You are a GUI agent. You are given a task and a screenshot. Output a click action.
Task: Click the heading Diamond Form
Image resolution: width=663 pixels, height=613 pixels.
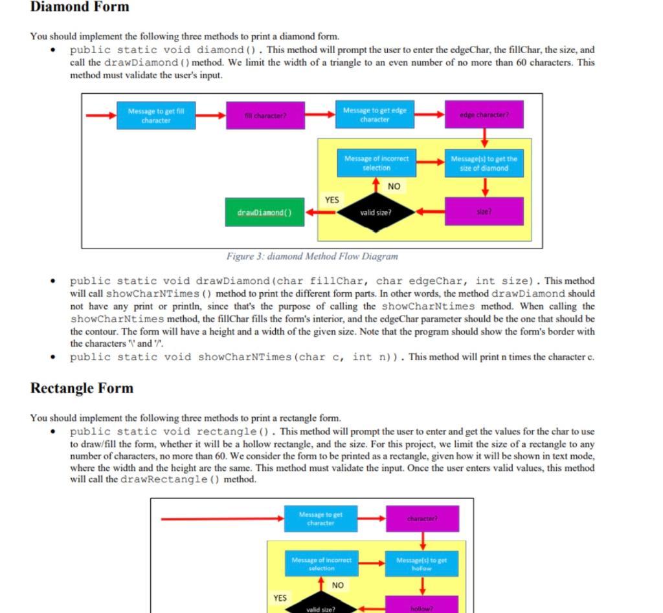pyautogui.click(x=80, y=7)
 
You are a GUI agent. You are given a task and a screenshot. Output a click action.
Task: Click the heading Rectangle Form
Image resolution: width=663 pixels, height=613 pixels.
pyautogui.click(x=82, y=388)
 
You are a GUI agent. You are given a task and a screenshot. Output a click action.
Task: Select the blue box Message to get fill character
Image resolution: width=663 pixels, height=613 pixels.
pyautogui.click(x=156, y=116)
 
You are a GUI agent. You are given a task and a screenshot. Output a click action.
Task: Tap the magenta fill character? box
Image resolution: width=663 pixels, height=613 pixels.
pyautogui.click(x=265, y=116)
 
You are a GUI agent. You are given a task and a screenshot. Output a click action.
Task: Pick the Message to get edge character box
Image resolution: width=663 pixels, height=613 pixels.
pyautogui.click(x=375, y=115)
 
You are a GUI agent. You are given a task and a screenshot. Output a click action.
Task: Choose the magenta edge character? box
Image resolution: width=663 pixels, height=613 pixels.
pyautogui.click(x=484, y=114)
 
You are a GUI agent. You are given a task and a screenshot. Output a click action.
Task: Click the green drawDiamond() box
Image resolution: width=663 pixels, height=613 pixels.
pyautogui.click(x=265, y=212)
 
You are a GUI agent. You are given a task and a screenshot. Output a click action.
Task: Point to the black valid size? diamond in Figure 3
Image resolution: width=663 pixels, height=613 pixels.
pyautogui.click(x=376, y=211)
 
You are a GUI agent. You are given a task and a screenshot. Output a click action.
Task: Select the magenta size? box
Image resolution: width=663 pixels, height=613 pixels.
pyautogui.click(x=484, y=211)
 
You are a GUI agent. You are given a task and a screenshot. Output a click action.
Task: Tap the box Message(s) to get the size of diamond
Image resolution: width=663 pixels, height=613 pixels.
pyautogui.click(x=484, y=163)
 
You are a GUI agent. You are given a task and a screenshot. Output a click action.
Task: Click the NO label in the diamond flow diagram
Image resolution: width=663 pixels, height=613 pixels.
pyautogui.click(x=394, y=186)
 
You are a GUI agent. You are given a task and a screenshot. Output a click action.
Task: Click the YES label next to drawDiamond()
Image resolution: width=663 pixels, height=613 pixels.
pyautogui.click(x=331, y=200)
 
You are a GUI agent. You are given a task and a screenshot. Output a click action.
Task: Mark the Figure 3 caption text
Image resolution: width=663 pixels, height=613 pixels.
pyautogui.click(x=312, y=256)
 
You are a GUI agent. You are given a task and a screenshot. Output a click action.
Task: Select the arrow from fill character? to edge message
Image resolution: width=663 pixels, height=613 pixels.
pyautogui.click(x=319, y=115)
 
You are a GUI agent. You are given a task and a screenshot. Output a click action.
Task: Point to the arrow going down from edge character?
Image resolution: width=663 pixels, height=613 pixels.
pyautogui.click(x=484, y=138)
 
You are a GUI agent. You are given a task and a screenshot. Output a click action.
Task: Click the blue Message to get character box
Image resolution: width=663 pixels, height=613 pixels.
pyautogui.click(x=320, y=519)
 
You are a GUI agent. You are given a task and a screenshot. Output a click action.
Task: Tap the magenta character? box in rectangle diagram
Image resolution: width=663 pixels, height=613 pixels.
pyautogui.click(x=422, y=519)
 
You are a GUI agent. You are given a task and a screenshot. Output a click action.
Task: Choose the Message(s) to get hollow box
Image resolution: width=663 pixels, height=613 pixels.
pyautogui.click(x=422, y=564)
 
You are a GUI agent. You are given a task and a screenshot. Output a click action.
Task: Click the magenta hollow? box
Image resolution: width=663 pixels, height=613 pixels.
pyautogui.click(x=422, y=607)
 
